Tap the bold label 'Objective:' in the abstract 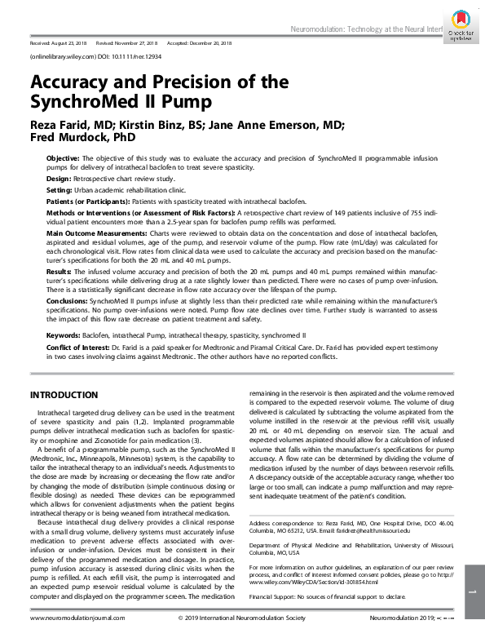[x=64, y=157]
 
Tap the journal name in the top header [x=366, y=29]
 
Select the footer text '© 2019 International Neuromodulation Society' [x=242, y=620]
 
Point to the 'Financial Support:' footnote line [x=326, y=596]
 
